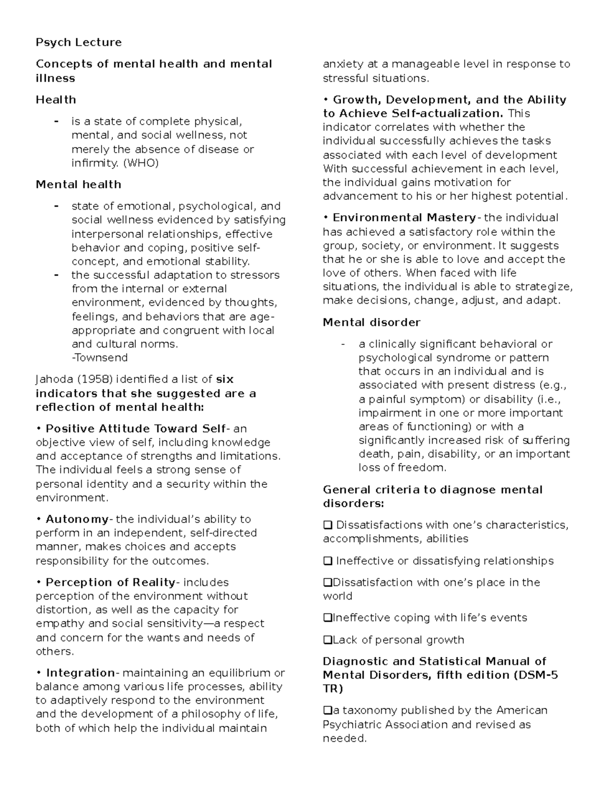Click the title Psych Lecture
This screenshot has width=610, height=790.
point(78,42)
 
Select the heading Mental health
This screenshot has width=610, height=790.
point(78,185)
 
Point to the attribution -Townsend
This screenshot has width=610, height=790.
point(100,358)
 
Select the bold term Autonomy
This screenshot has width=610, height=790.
point(77,519)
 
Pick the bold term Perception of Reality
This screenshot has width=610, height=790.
point(110,582)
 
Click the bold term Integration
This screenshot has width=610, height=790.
point(80,673)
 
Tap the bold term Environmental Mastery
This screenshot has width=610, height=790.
point(404,218)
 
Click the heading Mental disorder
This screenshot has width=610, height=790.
point(372,323)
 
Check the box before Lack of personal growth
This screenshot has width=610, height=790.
point(327,640)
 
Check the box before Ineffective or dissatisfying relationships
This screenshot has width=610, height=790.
point(327,561)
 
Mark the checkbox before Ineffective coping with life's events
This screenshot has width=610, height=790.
point(327,618)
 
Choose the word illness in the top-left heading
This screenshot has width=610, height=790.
point(55,78)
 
